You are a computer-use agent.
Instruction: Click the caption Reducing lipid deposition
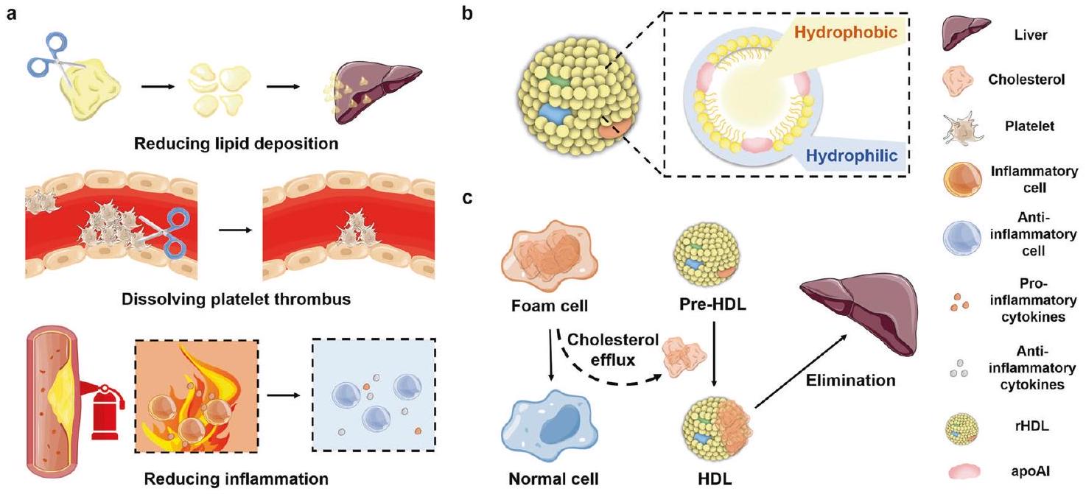click(237, 143)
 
